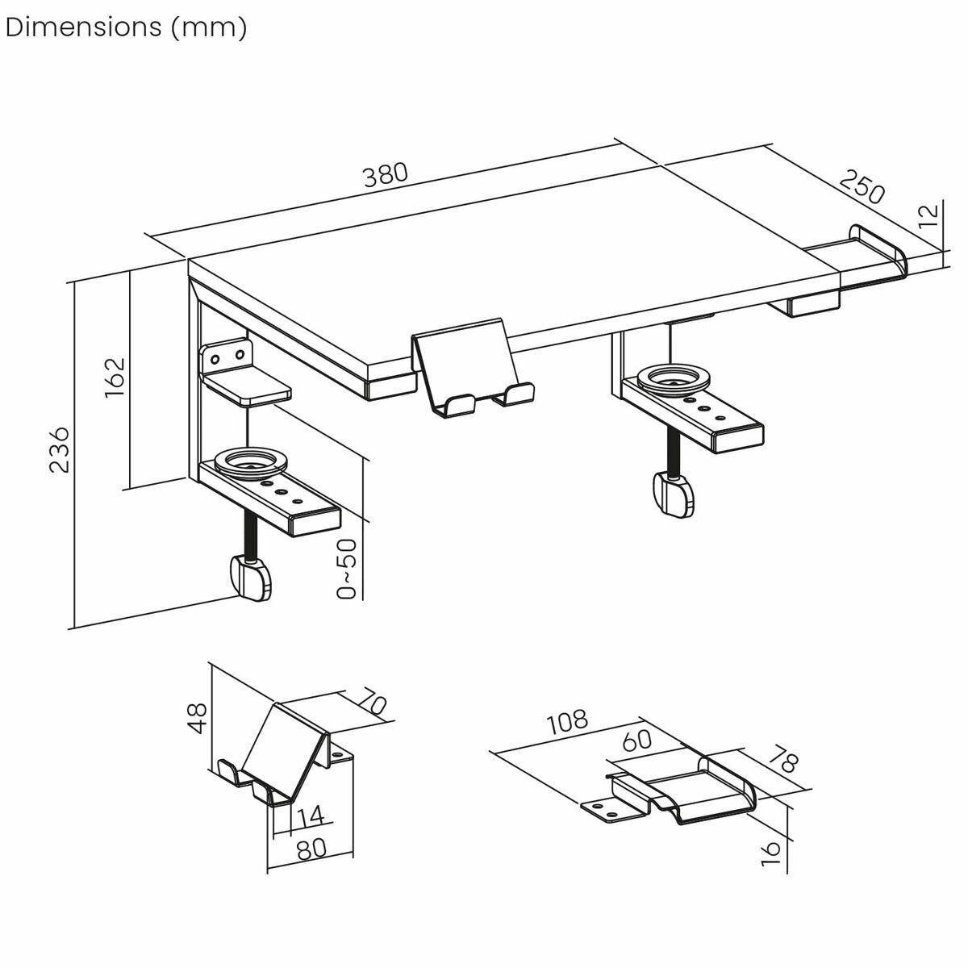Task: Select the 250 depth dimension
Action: [862, 186]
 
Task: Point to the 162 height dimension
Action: [115, 376]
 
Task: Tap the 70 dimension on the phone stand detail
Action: [373, 702]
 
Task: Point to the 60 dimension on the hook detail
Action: [637, 741]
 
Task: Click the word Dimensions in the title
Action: [82, 27]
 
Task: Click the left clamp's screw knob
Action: [250, 578]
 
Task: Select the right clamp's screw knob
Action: [673, 493]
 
